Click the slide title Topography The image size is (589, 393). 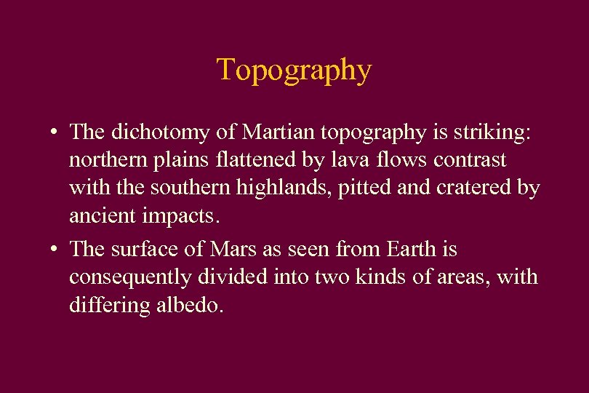[294, 71]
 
